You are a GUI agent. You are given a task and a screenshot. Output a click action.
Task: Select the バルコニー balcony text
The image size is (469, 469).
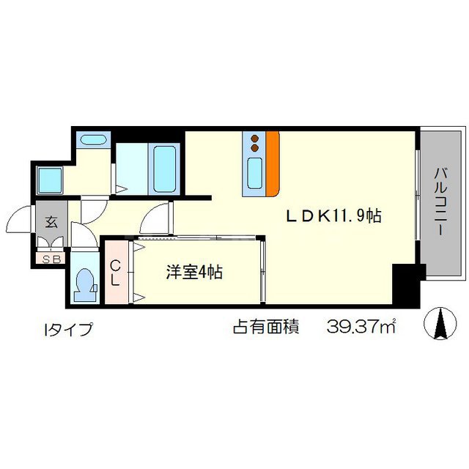[x=441, y=200]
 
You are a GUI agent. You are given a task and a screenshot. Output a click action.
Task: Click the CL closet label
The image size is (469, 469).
[x=116, y=273]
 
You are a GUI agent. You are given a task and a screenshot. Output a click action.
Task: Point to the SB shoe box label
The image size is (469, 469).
[x=51, y=258]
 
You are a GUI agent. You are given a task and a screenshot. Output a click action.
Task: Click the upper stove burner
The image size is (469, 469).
[x=254, y=137]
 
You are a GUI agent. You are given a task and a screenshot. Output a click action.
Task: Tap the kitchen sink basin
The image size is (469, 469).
[x=254, y=174]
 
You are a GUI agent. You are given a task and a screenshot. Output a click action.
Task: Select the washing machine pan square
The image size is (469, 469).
[x=50, y=179]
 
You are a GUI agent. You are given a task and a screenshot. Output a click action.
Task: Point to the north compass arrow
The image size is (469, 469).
[x=442, y=323]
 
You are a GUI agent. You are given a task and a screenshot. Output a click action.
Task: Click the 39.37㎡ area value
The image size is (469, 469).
[x=360, y=328]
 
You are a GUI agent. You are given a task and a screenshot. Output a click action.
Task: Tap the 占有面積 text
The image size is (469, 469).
[x=265, y=328]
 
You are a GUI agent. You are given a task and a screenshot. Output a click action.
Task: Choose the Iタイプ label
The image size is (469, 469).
[x=69, y=328]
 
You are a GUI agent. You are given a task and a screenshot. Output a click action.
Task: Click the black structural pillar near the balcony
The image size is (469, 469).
[x=404, y=289]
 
